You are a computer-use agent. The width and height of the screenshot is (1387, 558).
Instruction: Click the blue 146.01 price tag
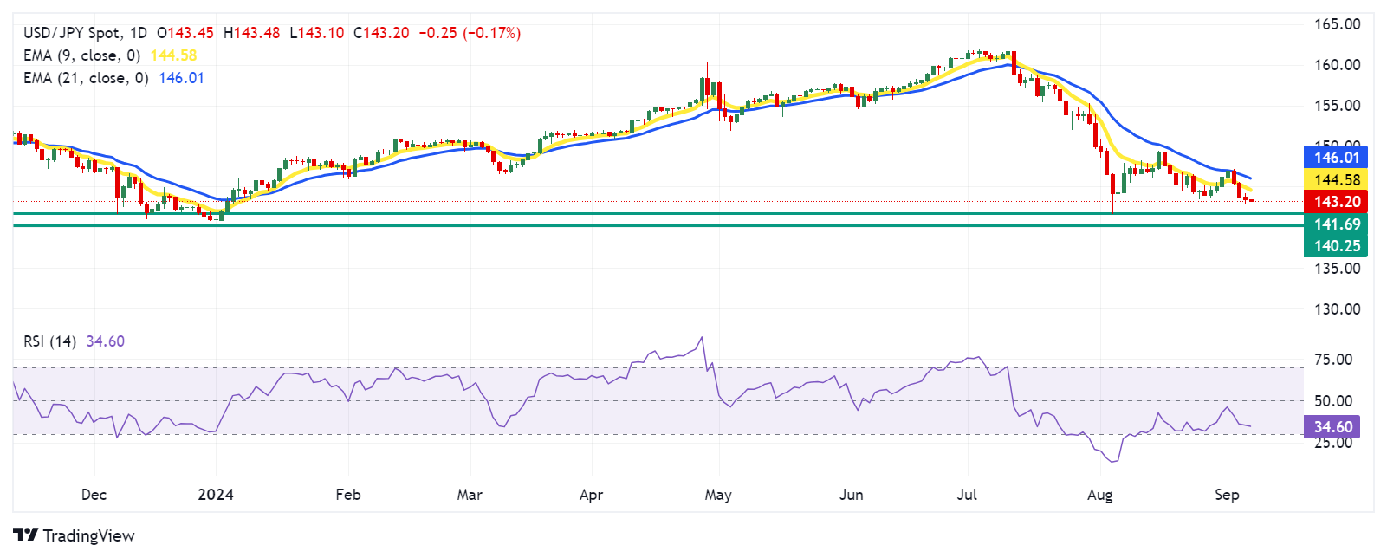pyautogui.click(x=1336, y=157)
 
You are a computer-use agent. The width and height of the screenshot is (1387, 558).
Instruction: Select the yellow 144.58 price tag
pyautogui.click(x=1336, y=179)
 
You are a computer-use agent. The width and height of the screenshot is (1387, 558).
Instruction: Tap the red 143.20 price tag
pyautogui.click(x=1336, y=202)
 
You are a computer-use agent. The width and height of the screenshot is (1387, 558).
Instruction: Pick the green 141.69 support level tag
pyautogui.click(x=1336, y=224)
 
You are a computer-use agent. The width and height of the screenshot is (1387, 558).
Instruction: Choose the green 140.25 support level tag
pyautogui.click(x=1336, y=246)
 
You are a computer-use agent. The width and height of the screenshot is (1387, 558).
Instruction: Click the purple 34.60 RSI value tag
pyautogui.click(x=1332, y=426)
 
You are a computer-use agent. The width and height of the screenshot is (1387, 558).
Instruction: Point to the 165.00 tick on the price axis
pyautogui.click(x=1337, y=24)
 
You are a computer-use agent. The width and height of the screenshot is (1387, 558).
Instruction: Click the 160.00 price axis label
pyautogui.click(x=1337, y=65)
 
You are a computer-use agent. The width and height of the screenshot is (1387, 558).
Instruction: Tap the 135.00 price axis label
pyautogui.click(x=1337, y=269)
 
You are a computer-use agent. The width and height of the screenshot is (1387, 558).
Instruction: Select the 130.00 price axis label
pyautogui.click(x=1337, y=309)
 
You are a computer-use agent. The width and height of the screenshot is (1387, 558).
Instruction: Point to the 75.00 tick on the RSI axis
pyautogui.click(x=1332, y=360)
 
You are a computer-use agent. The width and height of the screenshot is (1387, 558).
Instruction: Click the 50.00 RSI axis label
pyautogui.click(x=1332, y=401)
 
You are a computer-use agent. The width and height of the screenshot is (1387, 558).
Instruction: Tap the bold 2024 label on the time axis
pyautogui.click(x=216, y=495)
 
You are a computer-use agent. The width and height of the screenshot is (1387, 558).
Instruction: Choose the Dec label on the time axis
pyautogui.click(x=94, y=495)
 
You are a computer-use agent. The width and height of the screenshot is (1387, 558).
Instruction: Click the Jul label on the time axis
pyautogui.click(x=967, y=495)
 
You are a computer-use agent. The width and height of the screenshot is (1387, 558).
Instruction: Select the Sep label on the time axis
pyautogui.click(x=1227, y=495)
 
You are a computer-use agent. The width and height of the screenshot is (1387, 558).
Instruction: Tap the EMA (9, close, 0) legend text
pyautogui.click(x=81, y=55)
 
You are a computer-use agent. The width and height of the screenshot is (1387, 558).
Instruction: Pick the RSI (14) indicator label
pyautogui.click(x=49, y=341)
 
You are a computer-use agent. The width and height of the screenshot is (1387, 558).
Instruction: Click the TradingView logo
pyautogui.click(x=75, y=535)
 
